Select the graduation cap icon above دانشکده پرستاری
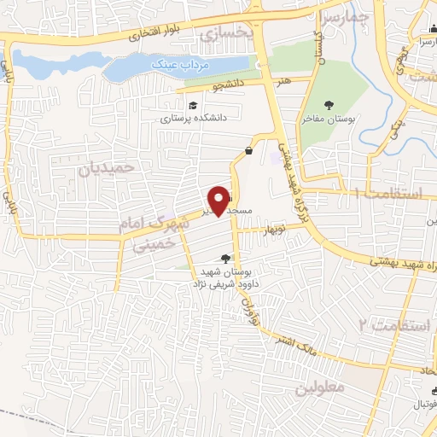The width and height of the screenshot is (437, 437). click(193, 105)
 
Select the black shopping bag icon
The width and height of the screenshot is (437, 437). click(248, 151)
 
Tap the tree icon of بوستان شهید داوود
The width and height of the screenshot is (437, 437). click(225, 258)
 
